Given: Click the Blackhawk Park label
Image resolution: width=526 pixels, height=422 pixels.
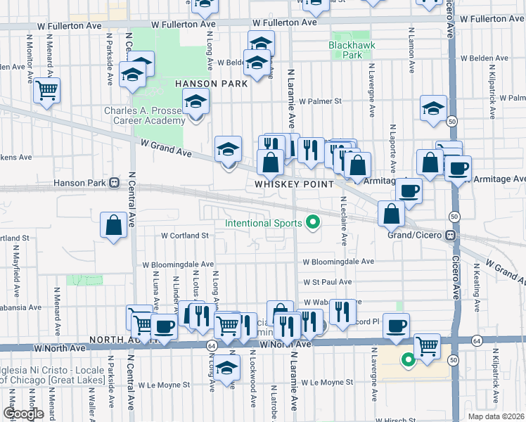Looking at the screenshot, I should coord(345,50).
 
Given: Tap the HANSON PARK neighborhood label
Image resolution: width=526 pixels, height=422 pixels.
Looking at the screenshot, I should coord(211,84).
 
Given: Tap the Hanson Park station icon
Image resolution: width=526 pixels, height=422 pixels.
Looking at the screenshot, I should coord(113,184).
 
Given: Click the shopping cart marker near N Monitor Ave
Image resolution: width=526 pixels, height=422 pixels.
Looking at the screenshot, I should coord(46,91).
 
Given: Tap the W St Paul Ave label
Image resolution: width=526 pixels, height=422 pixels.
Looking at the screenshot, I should coord(327,281).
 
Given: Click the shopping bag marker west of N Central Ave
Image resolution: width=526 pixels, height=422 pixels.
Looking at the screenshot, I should coord(114,226).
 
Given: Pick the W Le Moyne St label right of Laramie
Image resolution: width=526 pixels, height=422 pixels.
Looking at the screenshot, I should coord(327,383).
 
